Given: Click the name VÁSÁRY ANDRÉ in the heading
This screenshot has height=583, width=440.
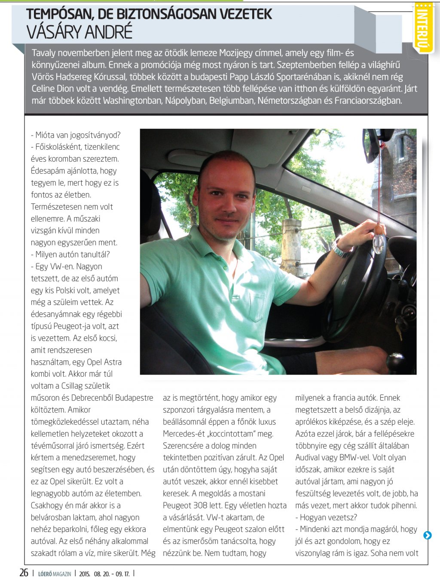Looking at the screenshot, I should click(79, 33).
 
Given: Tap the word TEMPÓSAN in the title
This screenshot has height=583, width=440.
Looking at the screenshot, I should click(60, 14).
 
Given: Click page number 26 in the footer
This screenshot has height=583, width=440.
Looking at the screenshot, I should click(24, 573).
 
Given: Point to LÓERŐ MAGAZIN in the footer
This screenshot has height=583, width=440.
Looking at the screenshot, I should click(55, 574).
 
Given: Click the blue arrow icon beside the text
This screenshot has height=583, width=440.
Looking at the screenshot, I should click(427, 535).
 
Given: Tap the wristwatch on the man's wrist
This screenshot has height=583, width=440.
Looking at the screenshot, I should click(340, 248).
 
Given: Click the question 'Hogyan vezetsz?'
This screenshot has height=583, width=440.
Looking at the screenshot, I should click(328, 517).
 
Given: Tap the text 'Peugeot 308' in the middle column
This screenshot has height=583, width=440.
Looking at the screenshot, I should click(187, 505).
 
